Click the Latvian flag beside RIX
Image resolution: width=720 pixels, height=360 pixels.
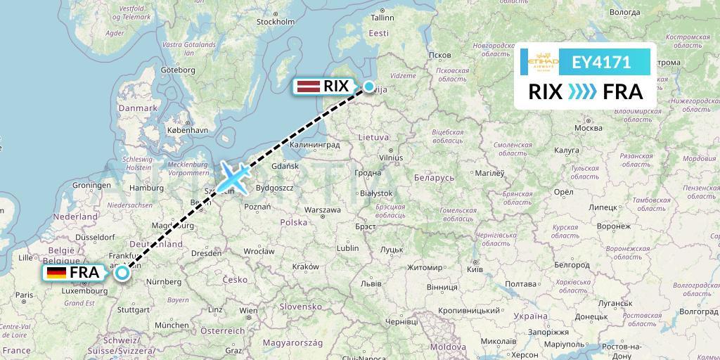pos(308,86)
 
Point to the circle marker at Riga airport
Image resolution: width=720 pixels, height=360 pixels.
pos(369,86)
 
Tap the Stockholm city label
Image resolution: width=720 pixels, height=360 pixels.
pos(275,22)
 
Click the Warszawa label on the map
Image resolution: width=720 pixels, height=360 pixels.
pos(322,210)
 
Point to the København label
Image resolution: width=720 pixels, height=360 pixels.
pos(187,130)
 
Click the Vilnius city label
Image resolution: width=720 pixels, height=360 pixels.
pos(391,158)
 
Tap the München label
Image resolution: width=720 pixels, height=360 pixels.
pos(172,325)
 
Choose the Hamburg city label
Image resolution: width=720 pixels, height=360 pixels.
pos(146,188)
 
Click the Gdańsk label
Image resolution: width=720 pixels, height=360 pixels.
pos(285,166)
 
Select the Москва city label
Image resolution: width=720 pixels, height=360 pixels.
pos(588,129)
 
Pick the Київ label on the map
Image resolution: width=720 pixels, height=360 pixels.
pos(475,269)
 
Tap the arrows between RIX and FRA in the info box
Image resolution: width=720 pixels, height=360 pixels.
pos(581,91)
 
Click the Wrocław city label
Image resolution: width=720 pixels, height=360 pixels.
pos(259,250)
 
